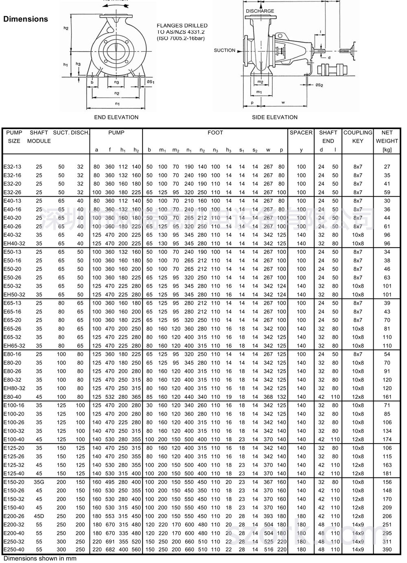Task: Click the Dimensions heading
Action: [x=26, y=19]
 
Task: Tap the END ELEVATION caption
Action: [x=116, y=117]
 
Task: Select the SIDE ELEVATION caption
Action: [x=275, y=117]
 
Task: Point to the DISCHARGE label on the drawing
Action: [x=260, y=11]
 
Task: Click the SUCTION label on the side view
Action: [x=225, y=51]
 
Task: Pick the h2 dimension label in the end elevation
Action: [x=66, y=28]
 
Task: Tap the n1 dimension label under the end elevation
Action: [x=117, y=104]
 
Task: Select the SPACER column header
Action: [x=301, y=133]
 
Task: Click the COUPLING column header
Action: [x=358, y=133]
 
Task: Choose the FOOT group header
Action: [x=215, y=133]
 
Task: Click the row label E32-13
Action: [x=13, y=167]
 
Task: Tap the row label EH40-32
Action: [x=14, y=244]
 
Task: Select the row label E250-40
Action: [x=14, y=550]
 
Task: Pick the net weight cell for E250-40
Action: [x=387, y=550]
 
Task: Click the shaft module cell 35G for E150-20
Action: [x=39, y=482]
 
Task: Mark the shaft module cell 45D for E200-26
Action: [x=39, y=516]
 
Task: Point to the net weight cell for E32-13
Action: [x=387, y=167]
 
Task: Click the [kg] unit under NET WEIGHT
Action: [x=387, y=150]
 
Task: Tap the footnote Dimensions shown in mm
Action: [x=40, y=559]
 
